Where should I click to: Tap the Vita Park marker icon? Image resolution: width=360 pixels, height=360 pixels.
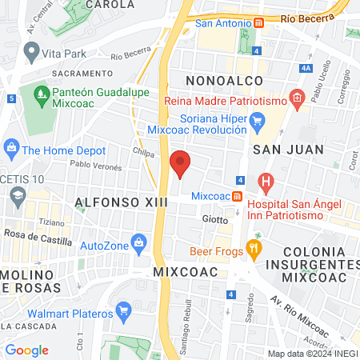pos(32,53)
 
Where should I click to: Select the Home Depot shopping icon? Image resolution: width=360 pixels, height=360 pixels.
pos(11,148)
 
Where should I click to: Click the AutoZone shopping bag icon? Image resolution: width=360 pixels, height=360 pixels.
pos(139,242)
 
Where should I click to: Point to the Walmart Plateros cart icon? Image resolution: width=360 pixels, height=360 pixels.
pos(123,309)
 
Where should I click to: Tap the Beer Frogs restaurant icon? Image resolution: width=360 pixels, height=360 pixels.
pos(254,248)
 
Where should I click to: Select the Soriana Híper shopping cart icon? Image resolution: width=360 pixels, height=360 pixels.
pos(257,122)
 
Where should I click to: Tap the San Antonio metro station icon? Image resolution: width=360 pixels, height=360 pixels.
pos(258,23)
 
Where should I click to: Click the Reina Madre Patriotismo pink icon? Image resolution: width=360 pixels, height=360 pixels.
pos(297,100)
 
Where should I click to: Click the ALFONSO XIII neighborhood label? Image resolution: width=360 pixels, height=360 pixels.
pos(121,203)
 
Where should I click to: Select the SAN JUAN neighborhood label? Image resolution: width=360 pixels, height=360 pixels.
pos(289,149)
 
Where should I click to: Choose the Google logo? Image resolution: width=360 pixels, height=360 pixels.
pos(27,350)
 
